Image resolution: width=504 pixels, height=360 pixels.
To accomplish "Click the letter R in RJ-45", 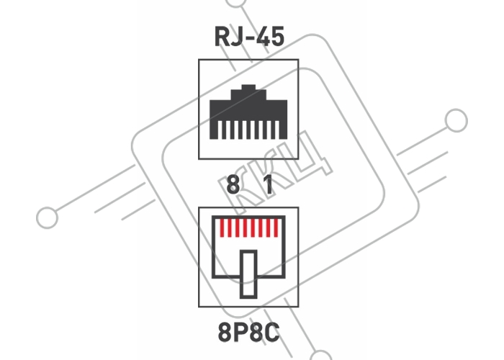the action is [222, 36].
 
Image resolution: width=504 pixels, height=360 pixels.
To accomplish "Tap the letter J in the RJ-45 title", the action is [236, 36].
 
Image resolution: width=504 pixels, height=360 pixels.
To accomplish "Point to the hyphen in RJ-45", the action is [249, 38].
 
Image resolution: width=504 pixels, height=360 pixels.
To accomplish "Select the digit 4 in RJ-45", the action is [262, 36].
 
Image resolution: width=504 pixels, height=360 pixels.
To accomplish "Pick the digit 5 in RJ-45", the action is [277, 36].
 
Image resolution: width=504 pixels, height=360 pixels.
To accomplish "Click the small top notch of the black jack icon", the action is [248, 87].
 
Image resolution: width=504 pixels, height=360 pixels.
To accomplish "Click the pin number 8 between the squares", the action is [233, 184].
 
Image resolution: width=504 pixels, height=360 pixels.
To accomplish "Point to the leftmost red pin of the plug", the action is [222, 228].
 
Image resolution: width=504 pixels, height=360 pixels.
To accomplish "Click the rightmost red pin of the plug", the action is [276, 228].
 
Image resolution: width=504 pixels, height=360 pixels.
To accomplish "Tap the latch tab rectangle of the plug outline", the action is [248, 274].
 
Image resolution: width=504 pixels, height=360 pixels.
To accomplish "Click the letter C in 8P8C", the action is [272, 333].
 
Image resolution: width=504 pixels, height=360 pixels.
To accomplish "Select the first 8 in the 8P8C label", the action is [225, 333].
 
